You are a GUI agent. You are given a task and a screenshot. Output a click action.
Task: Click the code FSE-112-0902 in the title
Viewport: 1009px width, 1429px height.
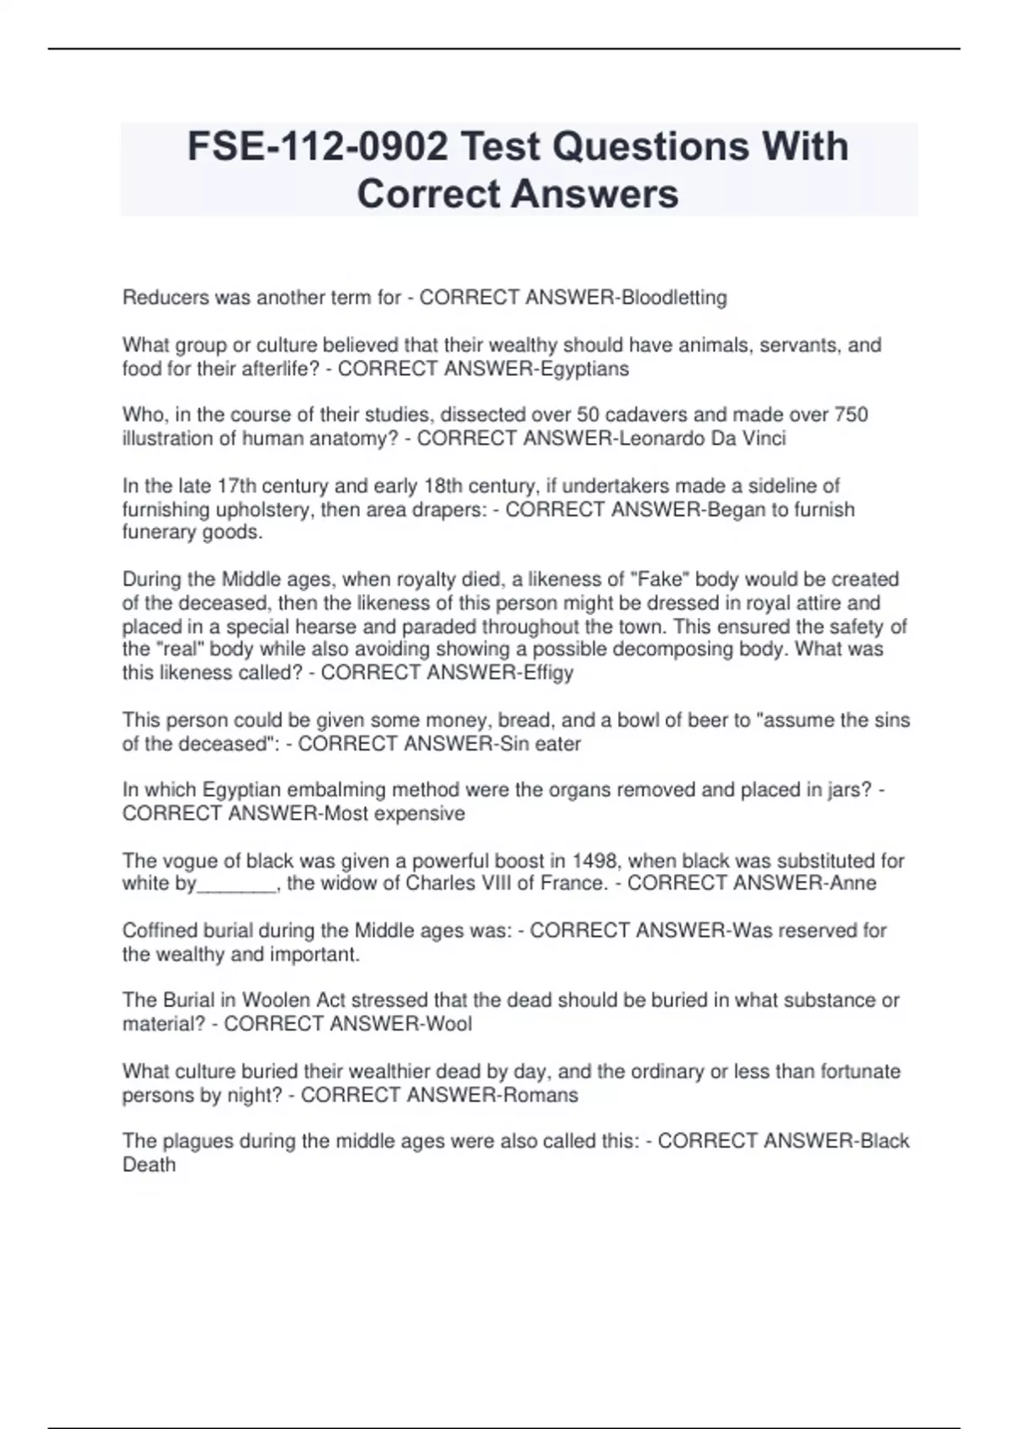pyautogui.click(x=317, y=147)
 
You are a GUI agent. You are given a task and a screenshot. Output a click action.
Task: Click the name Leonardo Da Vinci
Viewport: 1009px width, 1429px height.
pyautogui.click(x=702, y=439)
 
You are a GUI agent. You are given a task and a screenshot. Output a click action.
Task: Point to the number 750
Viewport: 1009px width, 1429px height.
pyautogui.click(x=851, y=415)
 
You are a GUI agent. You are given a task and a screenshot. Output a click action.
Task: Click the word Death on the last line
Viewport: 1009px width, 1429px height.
pyautogui.click(x=149, y=1165)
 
